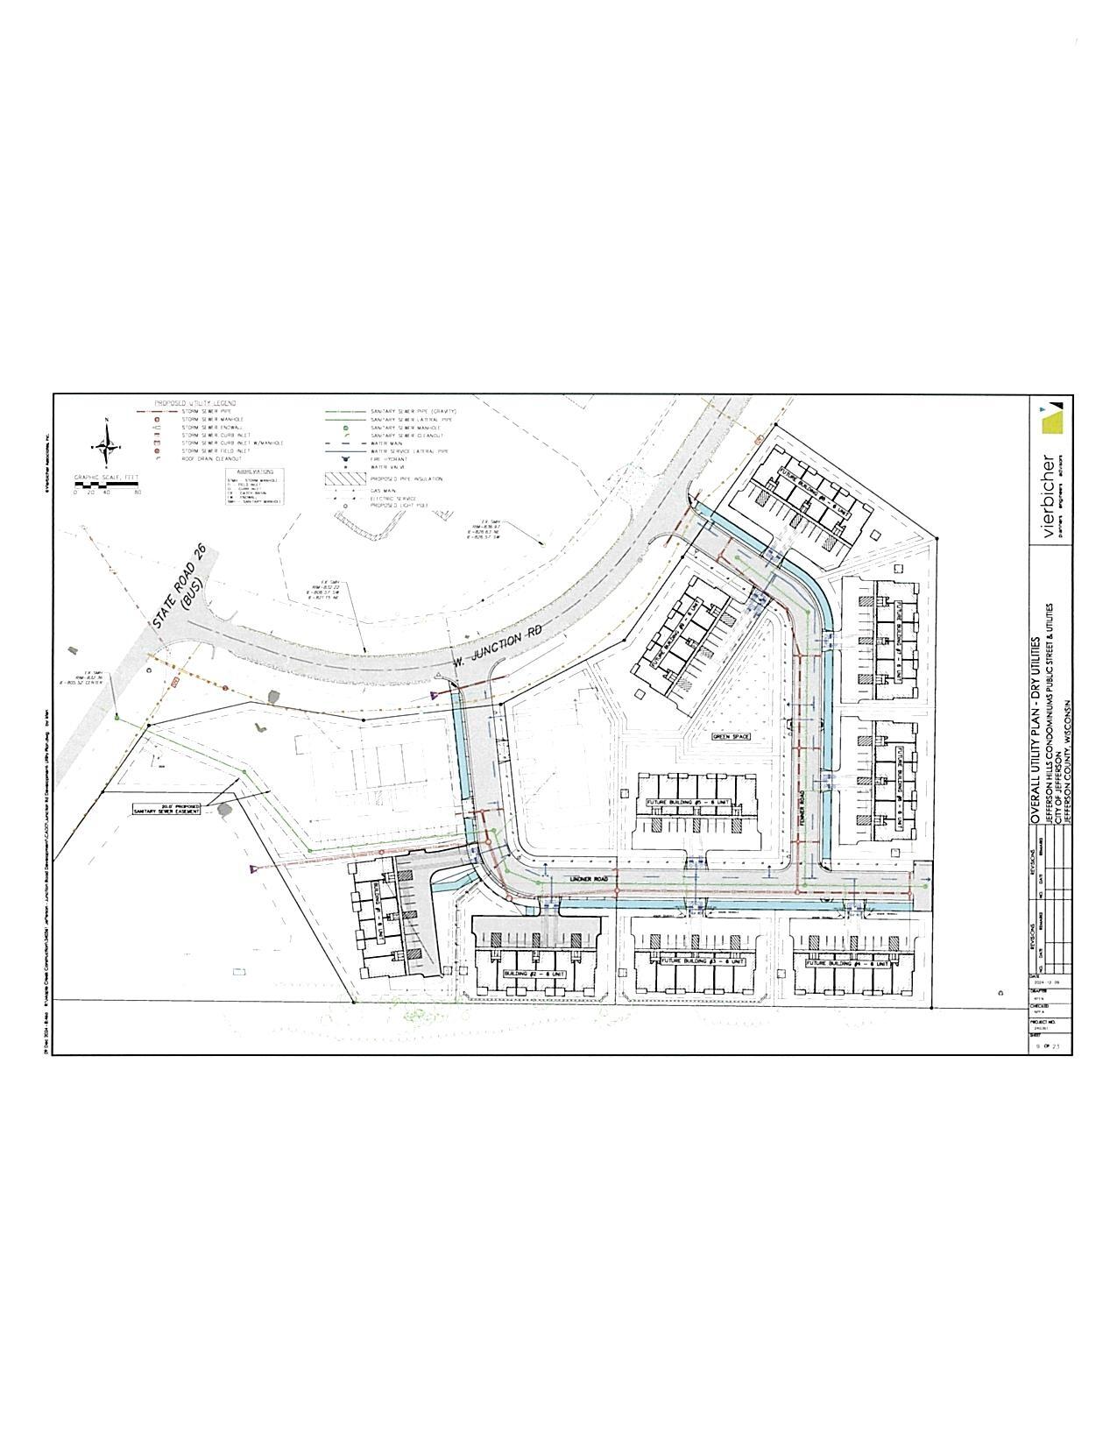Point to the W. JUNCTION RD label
pyautogui.click(x=498, y=647)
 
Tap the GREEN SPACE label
pyautogui.click(x=732, y=737)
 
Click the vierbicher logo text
pyautogui.click(x=1048, y=492)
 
